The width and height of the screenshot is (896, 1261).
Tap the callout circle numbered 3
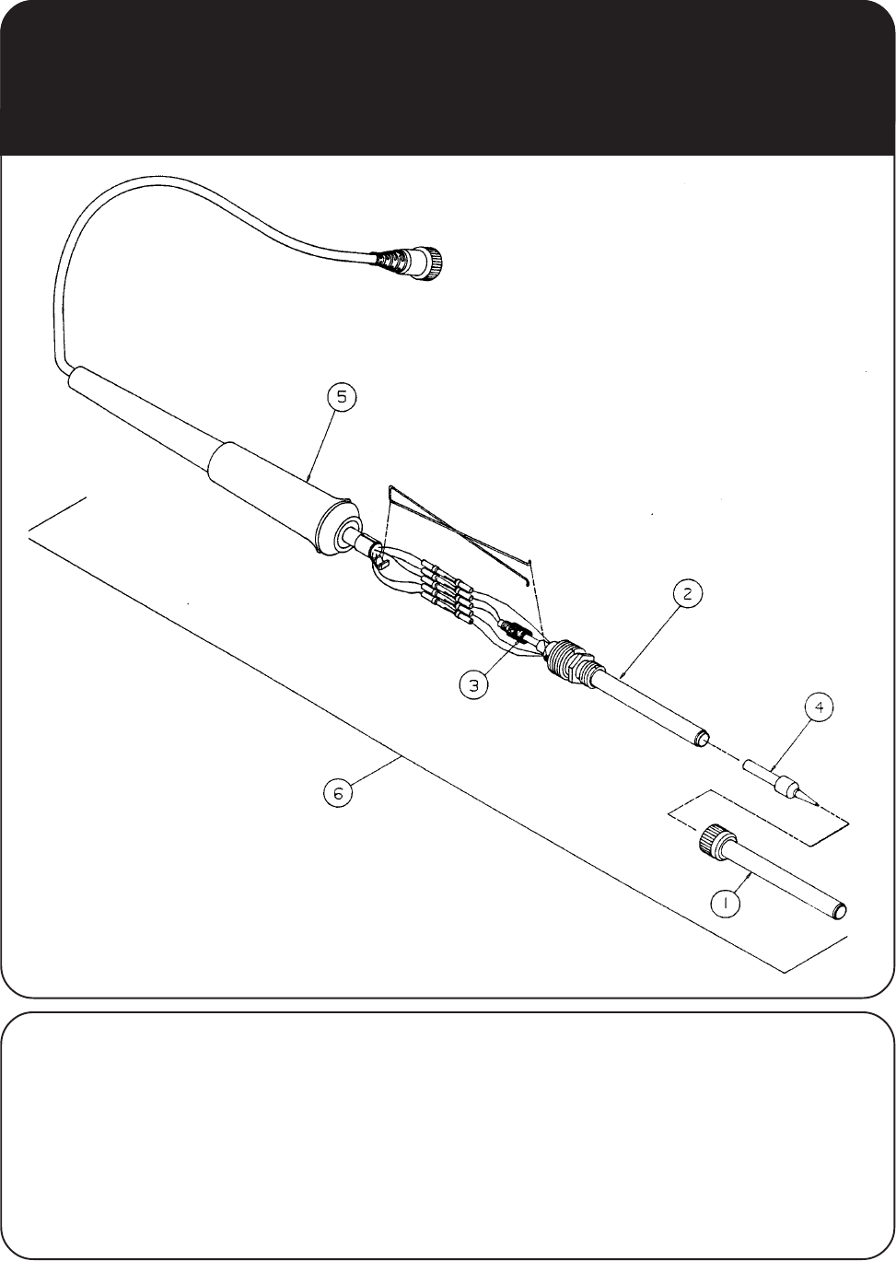[473, 685]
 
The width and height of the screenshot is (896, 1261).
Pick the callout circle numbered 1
[726, 905]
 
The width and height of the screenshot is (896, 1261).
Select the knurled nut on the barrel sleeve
[715, 840]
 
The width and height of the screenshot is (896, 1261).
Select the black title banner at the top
[448, 77]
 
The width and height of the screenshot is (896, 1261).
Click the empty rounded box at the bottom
[448, 1136]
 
